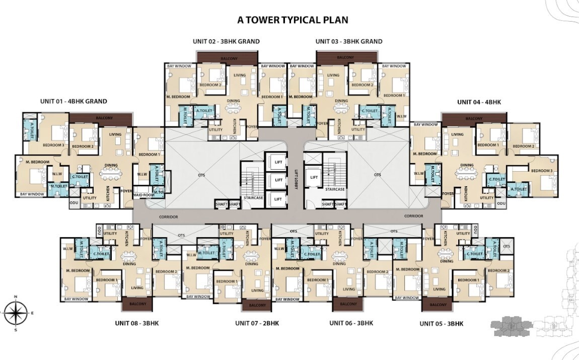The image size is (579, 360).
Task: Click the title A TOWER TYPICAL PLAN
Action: (x=293, y=20)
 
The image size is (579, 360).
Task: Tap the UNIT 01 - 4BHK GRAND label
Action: (x=74, y=101)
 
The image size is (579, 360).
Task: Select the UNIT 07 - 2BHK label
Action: (x=257, y=323)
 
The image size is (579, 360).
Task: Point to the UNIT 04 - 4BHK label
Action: (x=479, y=102)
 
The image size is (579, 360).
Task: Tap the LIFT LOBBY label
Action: (x=297, y=179)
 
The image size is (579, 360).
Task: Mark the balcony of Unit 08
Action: (x=137, y=304)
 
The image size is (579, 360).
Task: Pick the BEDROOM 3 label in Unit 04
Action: (x=542, y=171)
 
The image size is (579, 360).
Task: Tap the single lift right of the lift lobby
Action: (x=314, y=177)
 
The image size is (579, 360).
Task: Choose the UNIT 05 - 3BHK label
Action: (x=441, y=323)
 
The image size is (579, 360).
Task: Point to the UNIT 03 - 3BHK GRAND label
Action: (x=348, y=41)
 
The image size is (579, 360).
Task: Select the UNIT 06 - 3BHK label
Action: (x=351, y=323)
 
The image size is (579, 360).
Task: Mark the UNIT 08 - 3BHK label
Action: (x=136, y=323)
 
